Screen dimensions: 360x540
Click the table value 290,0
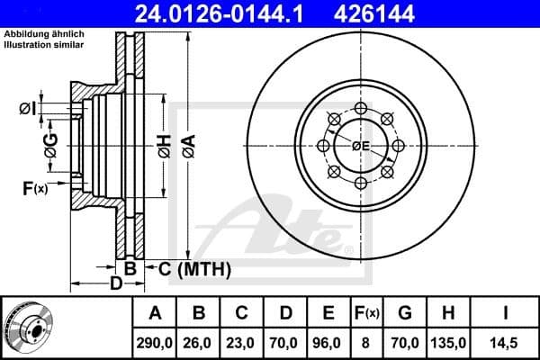point(156,342)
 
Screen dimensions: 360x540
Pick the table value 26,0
point(200,342)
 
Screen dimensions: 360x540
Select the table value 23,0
point(242,342)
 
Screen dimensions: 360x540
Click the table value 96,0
point(328,342)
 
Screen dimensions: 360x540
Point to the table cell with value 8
point(366,342)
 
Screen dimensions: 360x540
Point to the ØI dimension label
point(27,109)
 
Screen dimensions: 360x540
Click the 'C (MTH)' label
point(195,269)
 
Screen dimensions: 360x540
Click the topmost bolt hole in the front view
point(361,108)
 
